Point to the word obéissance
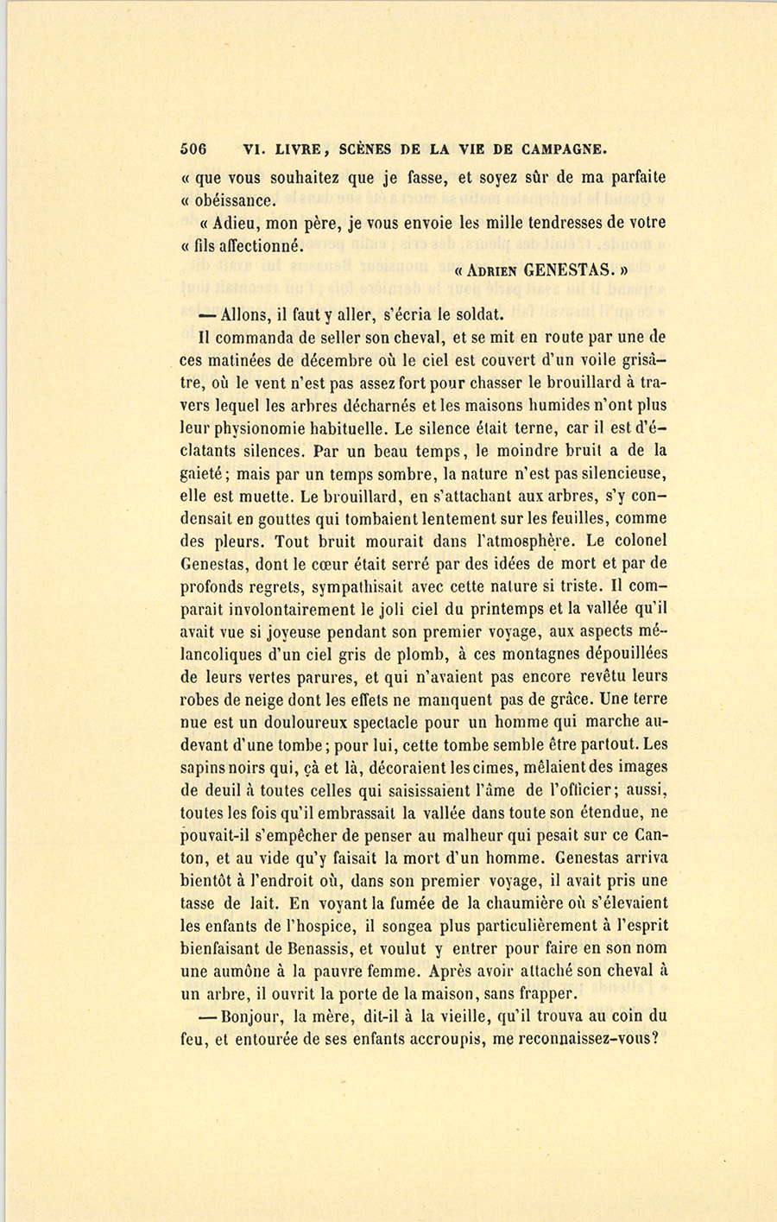coord(235,200)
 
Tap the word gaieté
coord(202,473)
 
